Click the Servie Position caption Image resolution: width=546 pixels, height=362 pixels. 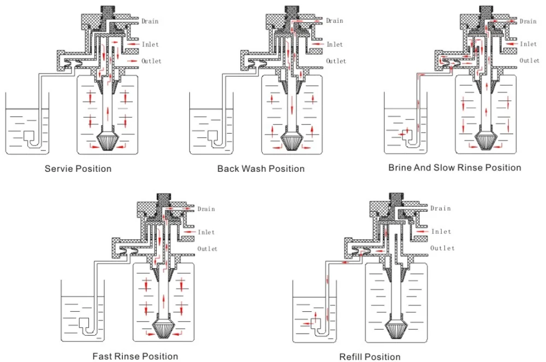tap(78, 168)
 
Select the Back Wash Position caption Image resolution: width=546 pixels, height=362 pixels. tap(261, 168)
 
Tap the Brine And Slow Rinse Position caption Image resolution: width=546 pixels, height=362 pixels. tap(454, 167)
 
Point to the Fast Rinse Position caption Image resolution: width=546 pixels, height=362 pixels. tap(135, 357)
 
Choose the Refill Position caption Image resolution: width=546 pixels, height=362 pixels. tap(370, 357)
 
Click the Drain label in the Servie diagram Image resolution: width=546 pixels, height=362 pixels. tap(150, 21)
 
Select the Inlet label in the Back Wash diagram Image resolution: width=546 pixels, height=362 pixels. tap(335, 45)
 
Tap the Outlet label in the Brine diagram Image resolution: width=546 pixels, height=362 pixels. tap(530, 61)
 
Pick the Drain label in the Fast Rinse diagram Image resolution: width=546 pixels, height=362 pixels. tap(206, 209)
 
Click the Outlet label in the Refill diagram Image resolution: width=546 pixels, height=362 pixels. tap(443, 248)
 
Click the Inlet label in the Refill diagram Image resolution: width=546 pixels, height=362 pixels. tap(441, 232)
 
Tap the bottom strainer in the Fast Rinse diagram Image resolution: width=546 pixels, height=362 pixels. tap(164, 329)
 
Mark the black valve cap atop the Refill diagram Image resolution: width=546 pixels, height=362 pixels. tap(396, 198)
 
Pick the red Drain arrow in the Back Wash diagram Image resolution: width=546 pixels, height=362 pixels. tap(317, 21)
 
